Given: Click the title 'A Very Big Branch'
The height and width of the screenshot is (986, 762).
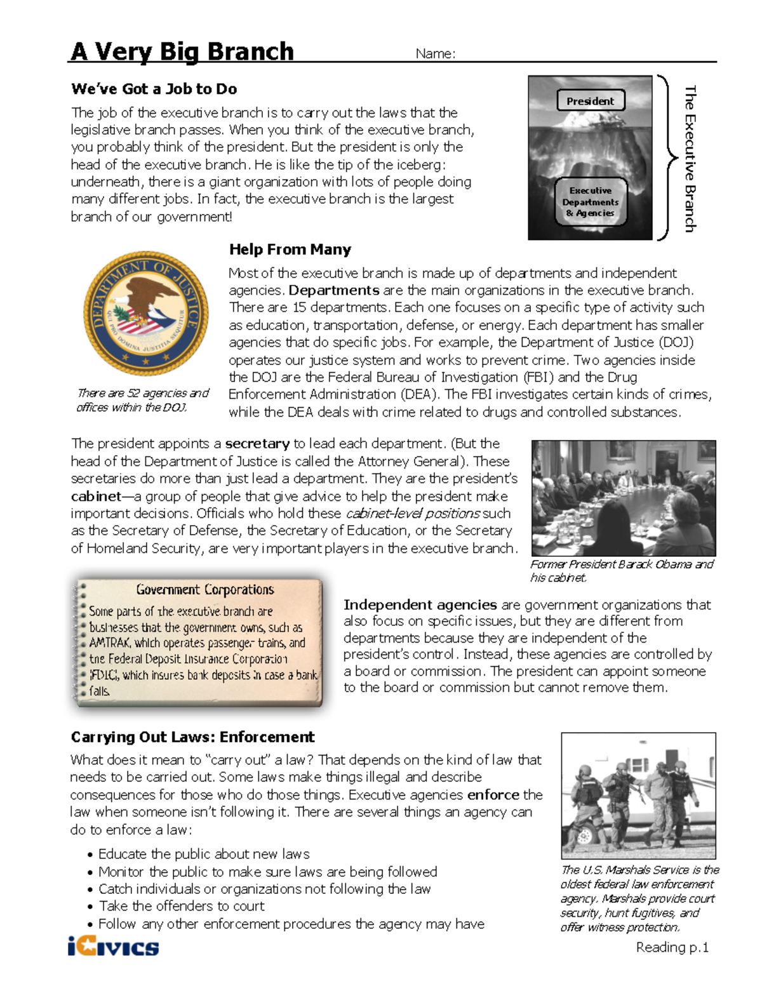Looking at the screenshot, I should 182,51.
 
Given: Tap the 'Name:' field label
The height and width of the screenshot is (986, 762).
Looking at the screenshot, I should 435,54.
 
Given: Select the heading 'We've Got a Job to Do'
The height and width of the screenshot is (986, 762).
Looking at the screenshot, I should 154,89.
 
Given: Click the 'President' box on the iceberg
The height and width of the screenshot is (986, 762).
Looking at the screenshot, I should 590,101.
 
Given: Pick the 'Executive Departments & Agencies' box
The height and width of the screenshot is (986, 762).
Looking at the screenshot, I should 590,202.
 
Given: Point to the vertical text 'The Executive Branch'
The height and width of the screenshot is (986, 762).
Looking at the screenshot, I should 690,159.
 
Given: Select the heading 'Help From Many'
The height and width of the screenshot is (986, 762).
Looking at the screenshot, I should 290,250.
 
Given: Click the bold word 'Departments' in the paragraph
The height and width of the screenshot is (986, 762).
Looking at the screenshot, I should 334,291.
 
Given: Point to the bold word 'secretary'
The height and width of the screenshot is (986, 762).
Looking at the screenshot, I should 257,444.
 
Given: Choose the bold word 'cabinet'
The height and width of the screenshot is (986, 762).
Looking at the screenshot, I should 96,496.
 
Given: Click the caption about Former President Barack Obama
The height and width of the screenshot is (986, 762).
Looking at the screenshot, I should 621,571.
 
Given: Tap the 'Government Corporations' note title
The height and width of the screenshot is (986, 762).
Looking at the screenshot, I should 204,590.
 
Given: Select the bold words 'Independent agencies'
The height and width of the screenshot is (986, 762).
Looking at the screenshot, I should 420,604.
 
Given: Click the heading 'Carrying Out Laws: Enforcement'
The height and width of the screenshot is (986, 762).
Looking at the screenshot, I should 192,737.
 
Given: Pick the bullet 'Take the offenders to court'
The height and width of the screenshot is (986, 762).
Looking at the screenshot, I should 182,906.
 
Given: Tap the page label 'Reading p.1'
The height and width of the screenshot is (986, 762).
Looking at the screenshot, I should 672,947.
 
